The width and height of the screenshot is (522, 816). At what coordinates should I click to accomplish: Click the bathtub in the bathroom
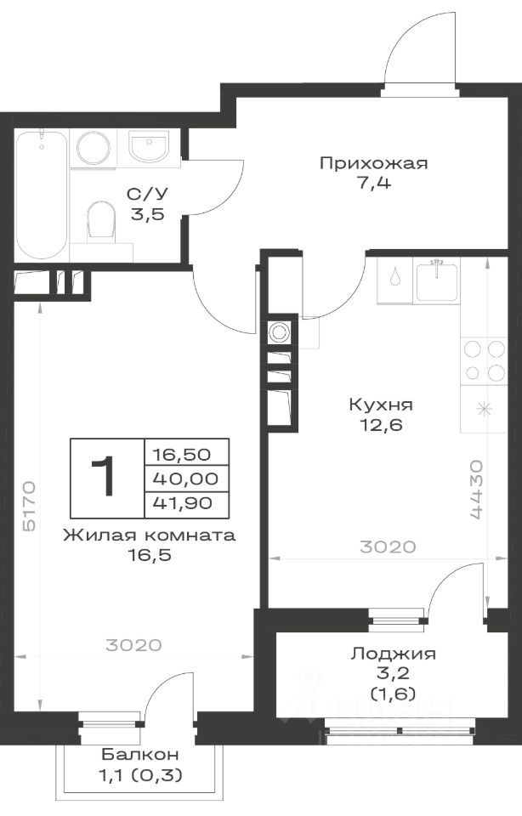click(x=42, y=195)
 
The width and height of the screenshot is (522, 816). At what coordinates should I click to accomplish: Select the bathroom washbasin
click(x=149, y=145)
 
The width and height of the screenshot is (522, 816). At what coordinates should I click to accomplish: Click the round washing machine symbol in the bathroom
click(x=94, y=148)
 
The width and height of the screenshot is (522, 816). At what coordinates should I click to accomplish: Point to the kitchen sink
click(x=437, y=281)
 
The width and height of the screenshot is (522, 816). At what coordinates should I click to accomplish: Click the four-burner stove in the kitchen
click(x=484, y=360)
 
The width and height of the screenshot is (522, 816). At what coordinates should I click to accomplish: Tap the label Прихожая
click(x=374, y=163)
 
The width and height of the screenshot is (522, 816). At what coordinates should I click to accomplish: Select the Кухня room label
click(x=381, y=405)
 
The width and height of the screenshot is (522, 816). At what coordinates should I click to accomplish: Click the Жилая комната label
click(x=150, y=535)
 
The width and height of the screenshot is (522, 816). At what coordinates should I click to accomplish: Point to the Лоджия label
click(x=394, y=653)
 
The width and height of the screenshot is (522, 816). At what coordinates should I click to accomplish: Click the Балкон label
click(x=140, y=754)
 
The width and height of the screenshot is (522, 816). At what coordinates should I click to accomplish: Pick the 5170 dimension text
click(x=29, y=506)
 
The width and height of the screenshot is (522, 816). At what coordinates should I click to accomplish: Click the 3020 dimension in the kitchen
click(x=388, y=547)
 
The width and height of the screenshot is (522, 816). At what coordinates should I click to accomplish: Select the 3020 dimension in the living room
click(x=133, y=645)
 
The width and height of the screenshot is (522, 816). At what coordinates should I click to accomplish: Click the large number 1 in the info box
click(x=103, y=477)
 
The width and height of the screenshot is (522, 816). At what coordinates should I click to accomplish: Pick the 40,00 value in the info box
click(x=185, y=479)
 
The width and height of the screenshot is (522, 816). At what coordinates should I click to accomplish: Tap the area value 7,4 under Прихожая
click(x=374, y=184)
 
